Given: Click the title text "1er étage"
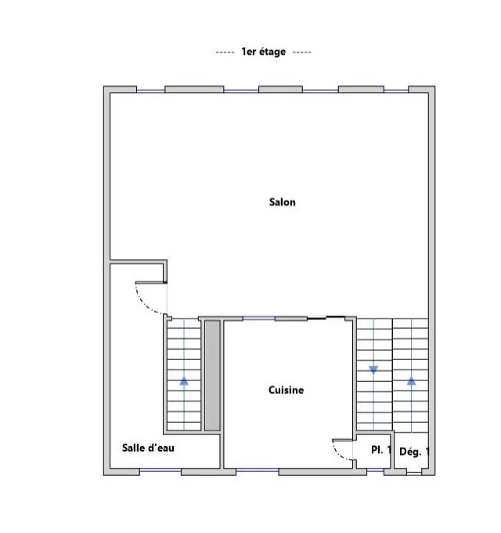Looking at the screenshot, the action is point(263,52).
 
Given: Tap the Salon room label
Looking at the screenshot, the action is point(282,202).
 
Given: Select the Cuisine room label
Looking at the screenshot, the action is point(286,390).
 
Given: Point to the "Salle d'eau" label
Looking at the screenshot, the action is point(148,448).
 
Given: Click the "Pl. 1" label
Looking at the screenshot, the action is point(381,450).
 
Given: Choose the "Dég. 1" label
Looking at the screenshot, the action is point(414,452).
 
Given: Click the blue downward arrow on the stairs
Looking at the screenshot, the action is point(373,370).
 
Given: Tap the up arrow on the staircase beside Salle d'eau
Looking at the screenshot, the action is point(184,381).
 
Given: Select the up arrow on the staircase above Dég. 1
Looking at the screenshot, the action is point(411,381).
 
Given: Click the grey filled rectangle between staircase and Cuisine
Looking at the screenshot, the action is point(212,376).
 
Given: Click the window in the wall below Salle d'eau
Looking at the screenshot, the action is point(160,470).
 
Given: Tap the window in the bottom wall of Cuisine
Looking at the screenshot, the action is point(257,470).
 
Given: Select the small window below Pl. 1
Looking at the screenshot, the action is point(375,470).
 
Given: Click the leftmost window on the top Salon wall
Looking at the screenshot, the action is point(150,91).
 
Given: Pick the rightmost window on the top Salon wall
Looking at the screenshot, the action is point(396,91).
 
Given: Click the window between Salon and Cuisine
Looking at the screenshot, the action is point(258,319).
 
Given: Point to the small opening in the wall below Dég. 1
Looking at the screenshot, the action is point(414,473).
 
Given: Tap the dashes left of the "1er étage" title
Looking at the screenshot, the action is point(225,52).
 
